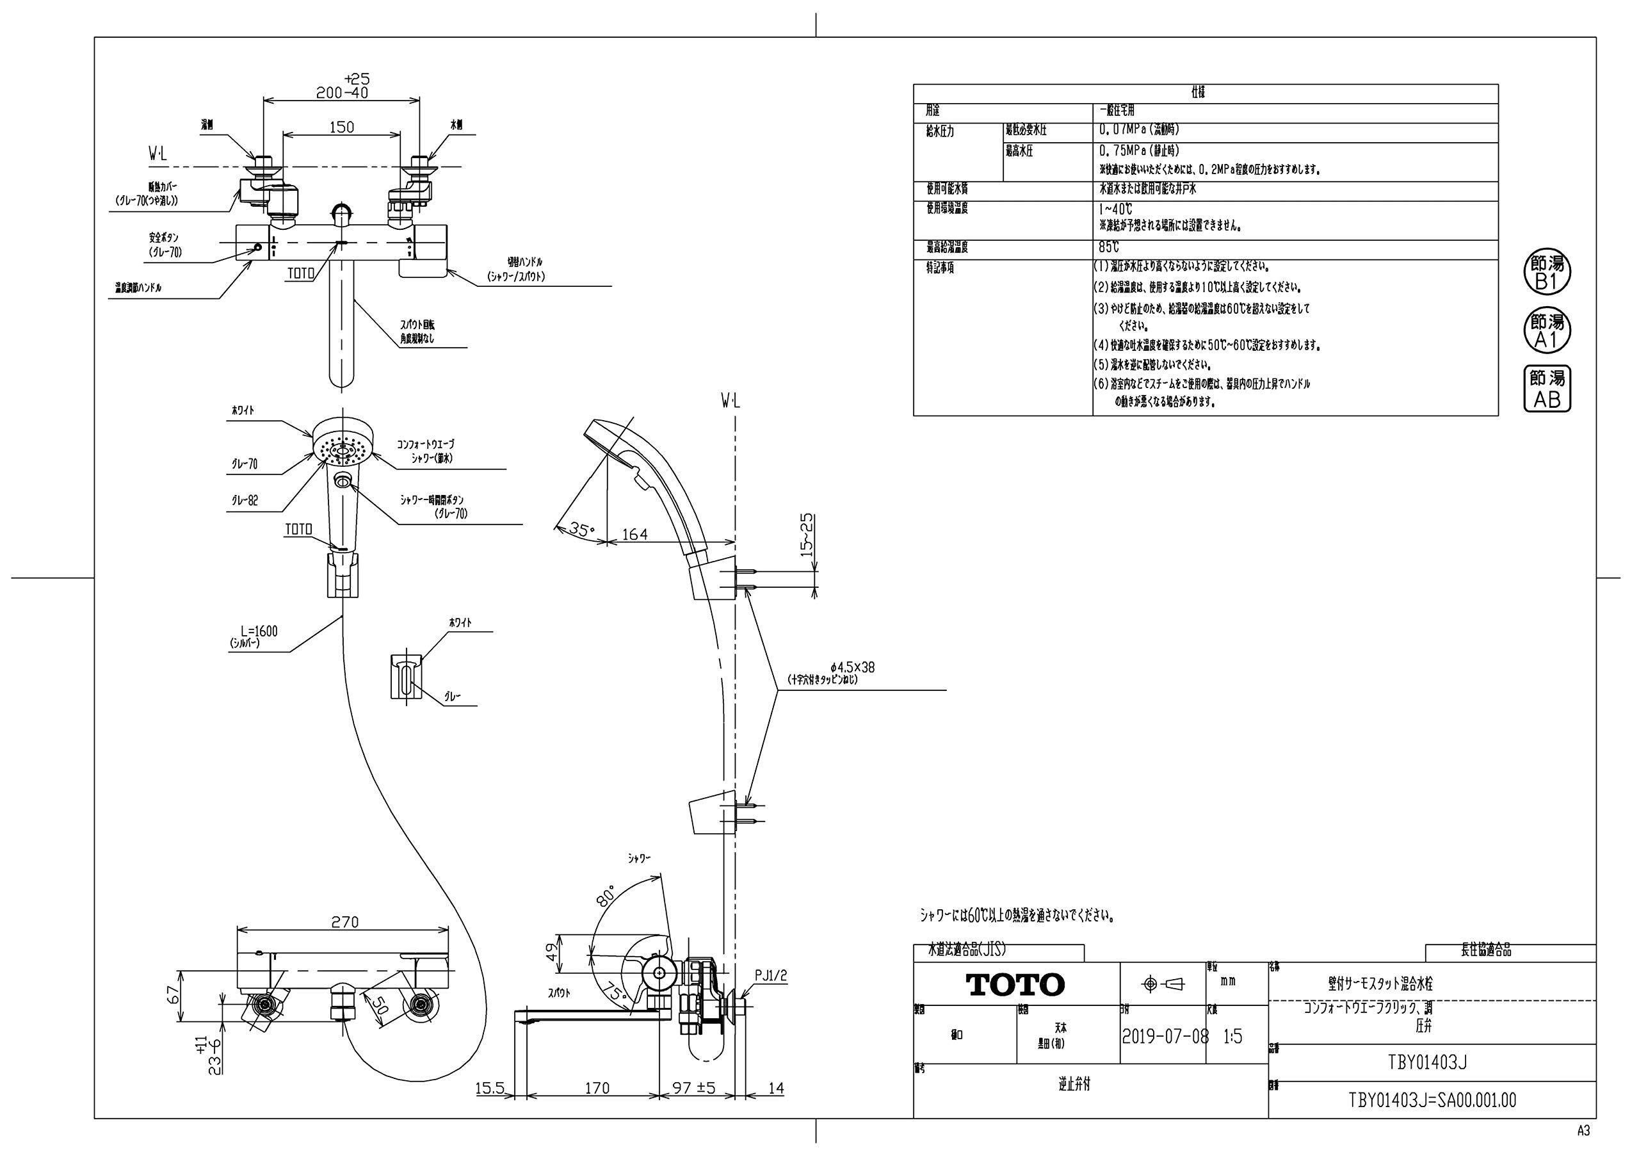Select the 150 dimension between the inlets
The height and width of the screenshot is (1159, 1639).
coord(341,126)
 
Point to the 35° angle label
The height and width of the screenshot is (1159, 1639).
coord(581,529)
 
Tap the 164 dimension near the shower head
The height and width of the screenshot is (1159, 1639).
coord(634,534)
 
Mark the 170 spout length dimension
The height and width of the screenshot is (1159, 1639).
coord(597,1089)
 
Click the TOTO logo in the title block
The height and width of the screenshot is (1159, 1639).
coord(1015,985)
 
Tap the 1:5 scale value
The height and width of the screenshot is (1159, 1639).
coord(1232,1036)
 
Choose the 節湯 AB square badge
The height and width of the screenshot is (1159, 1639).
coord(1547,389)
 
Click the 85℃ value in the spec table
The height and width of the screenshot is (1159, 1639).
coord(1110,248)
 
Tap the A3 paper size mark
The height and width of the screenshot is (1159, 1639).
coord(1583,1130)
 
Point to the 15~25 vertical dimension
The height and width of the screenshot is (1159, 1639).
coord(807,535)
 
